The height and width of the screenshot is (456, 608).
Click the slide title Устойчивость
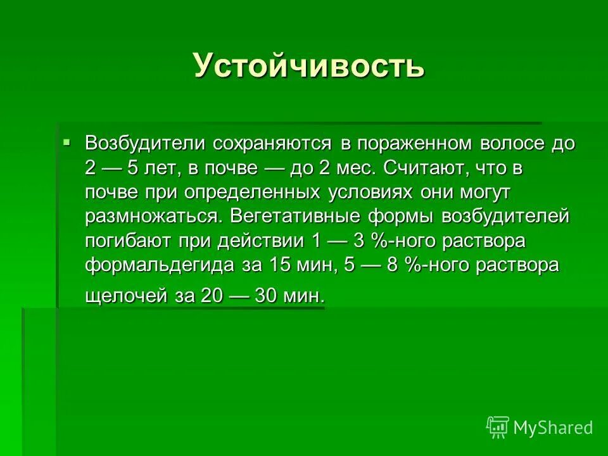[x=308, y=65]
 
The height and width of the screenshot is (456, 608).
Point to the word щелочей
[x=123, y=295]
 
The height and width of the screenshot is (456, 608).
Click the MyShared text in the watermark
[x=553, y=427]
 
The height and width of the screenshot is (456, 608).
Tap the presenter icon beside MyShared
[x=498, y=427]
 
